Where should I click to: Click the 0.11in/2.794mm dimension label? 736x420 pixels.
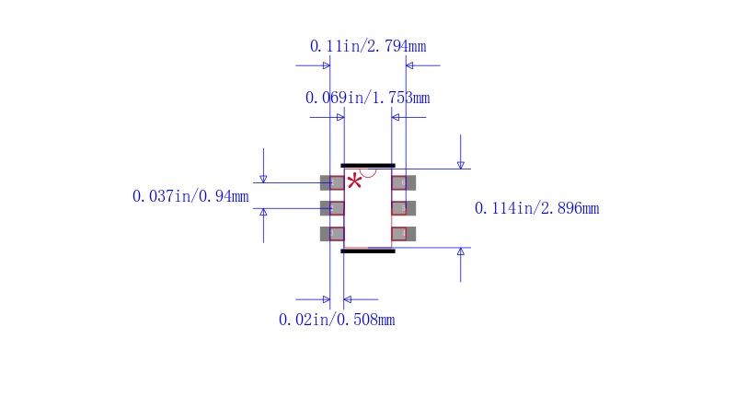(368, 46)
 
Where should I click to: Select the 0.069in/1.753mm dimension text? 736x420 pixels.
(367, 98)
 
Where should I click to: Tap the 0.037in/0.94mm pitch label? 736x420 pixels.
(190, 196)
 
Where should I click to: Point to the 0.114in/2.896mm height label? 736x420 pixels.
(537, 208)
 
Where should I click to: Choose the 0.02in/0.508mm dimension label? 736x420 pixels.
(337, 320)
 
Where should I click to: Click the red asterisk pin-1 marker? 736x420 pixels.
(355, 181)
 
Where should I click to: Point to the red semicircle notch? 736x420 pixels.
(368, 173)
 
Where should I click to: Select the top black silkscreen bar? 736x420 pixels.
(368, 166)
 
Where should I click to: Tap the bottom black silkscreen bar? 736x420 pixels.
(368, 251)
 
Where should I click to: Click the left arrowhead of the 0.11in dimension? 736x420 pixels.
(327, 65)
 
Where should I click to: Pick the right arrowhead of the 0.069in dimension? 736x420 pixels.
(396, 118)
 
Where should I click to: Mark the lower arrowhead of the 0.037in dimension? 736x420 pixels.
(263, 213)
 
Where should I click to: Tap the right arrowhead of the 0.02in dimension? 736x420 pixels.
(348, 299)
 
